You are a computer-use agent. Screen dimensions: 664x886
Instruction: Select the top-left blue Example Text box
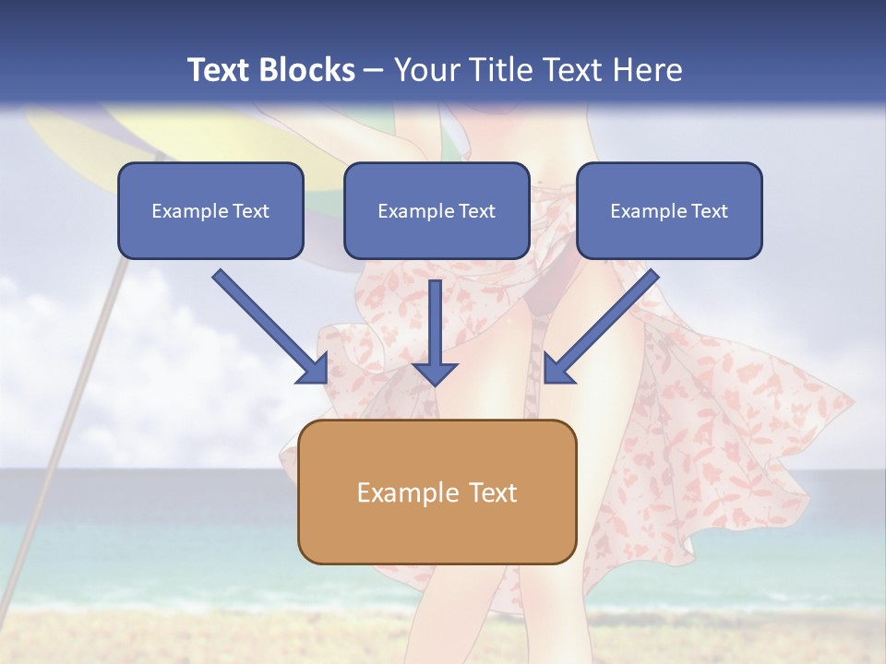click(x=210, y=210)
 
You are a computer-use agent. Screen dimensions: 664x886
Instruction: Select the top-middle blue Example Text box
click(x=437, y=210)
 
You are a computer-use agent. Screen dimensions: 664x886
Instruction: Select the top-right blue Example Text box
click(x=669, y=210)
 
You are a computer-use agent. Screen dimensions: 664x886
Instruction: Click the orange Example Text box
click(x=437, y=492)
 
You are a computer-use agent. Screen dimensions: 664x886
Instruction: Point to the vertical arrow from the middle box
click(x=435, y=323)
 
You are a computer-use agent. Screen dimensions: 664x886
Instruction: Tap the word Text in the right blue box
click(x=709, y=211)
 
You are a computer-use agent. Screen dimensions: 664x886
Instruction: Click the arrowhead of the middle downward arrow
click(x=435, y=371)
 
